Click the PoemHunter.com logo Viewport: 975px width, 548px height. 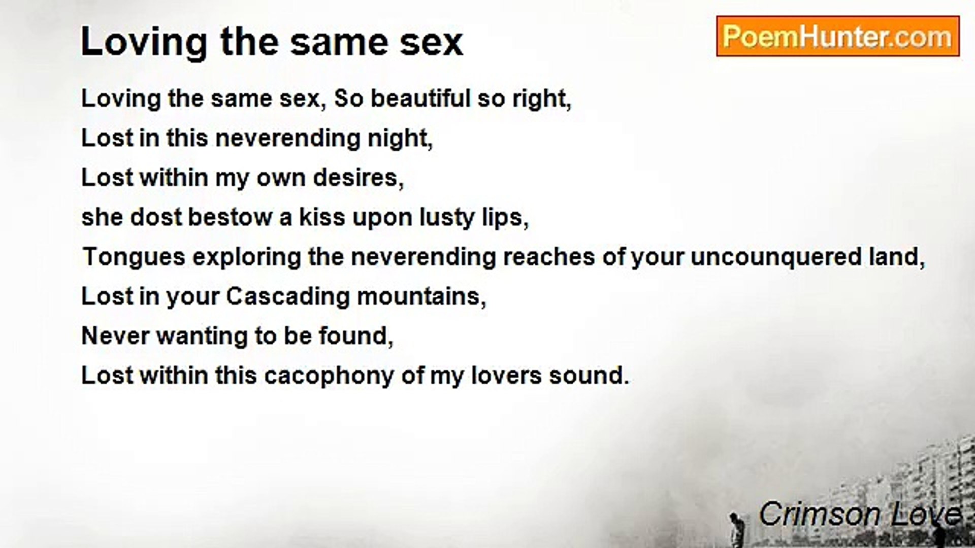(838, 36)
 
